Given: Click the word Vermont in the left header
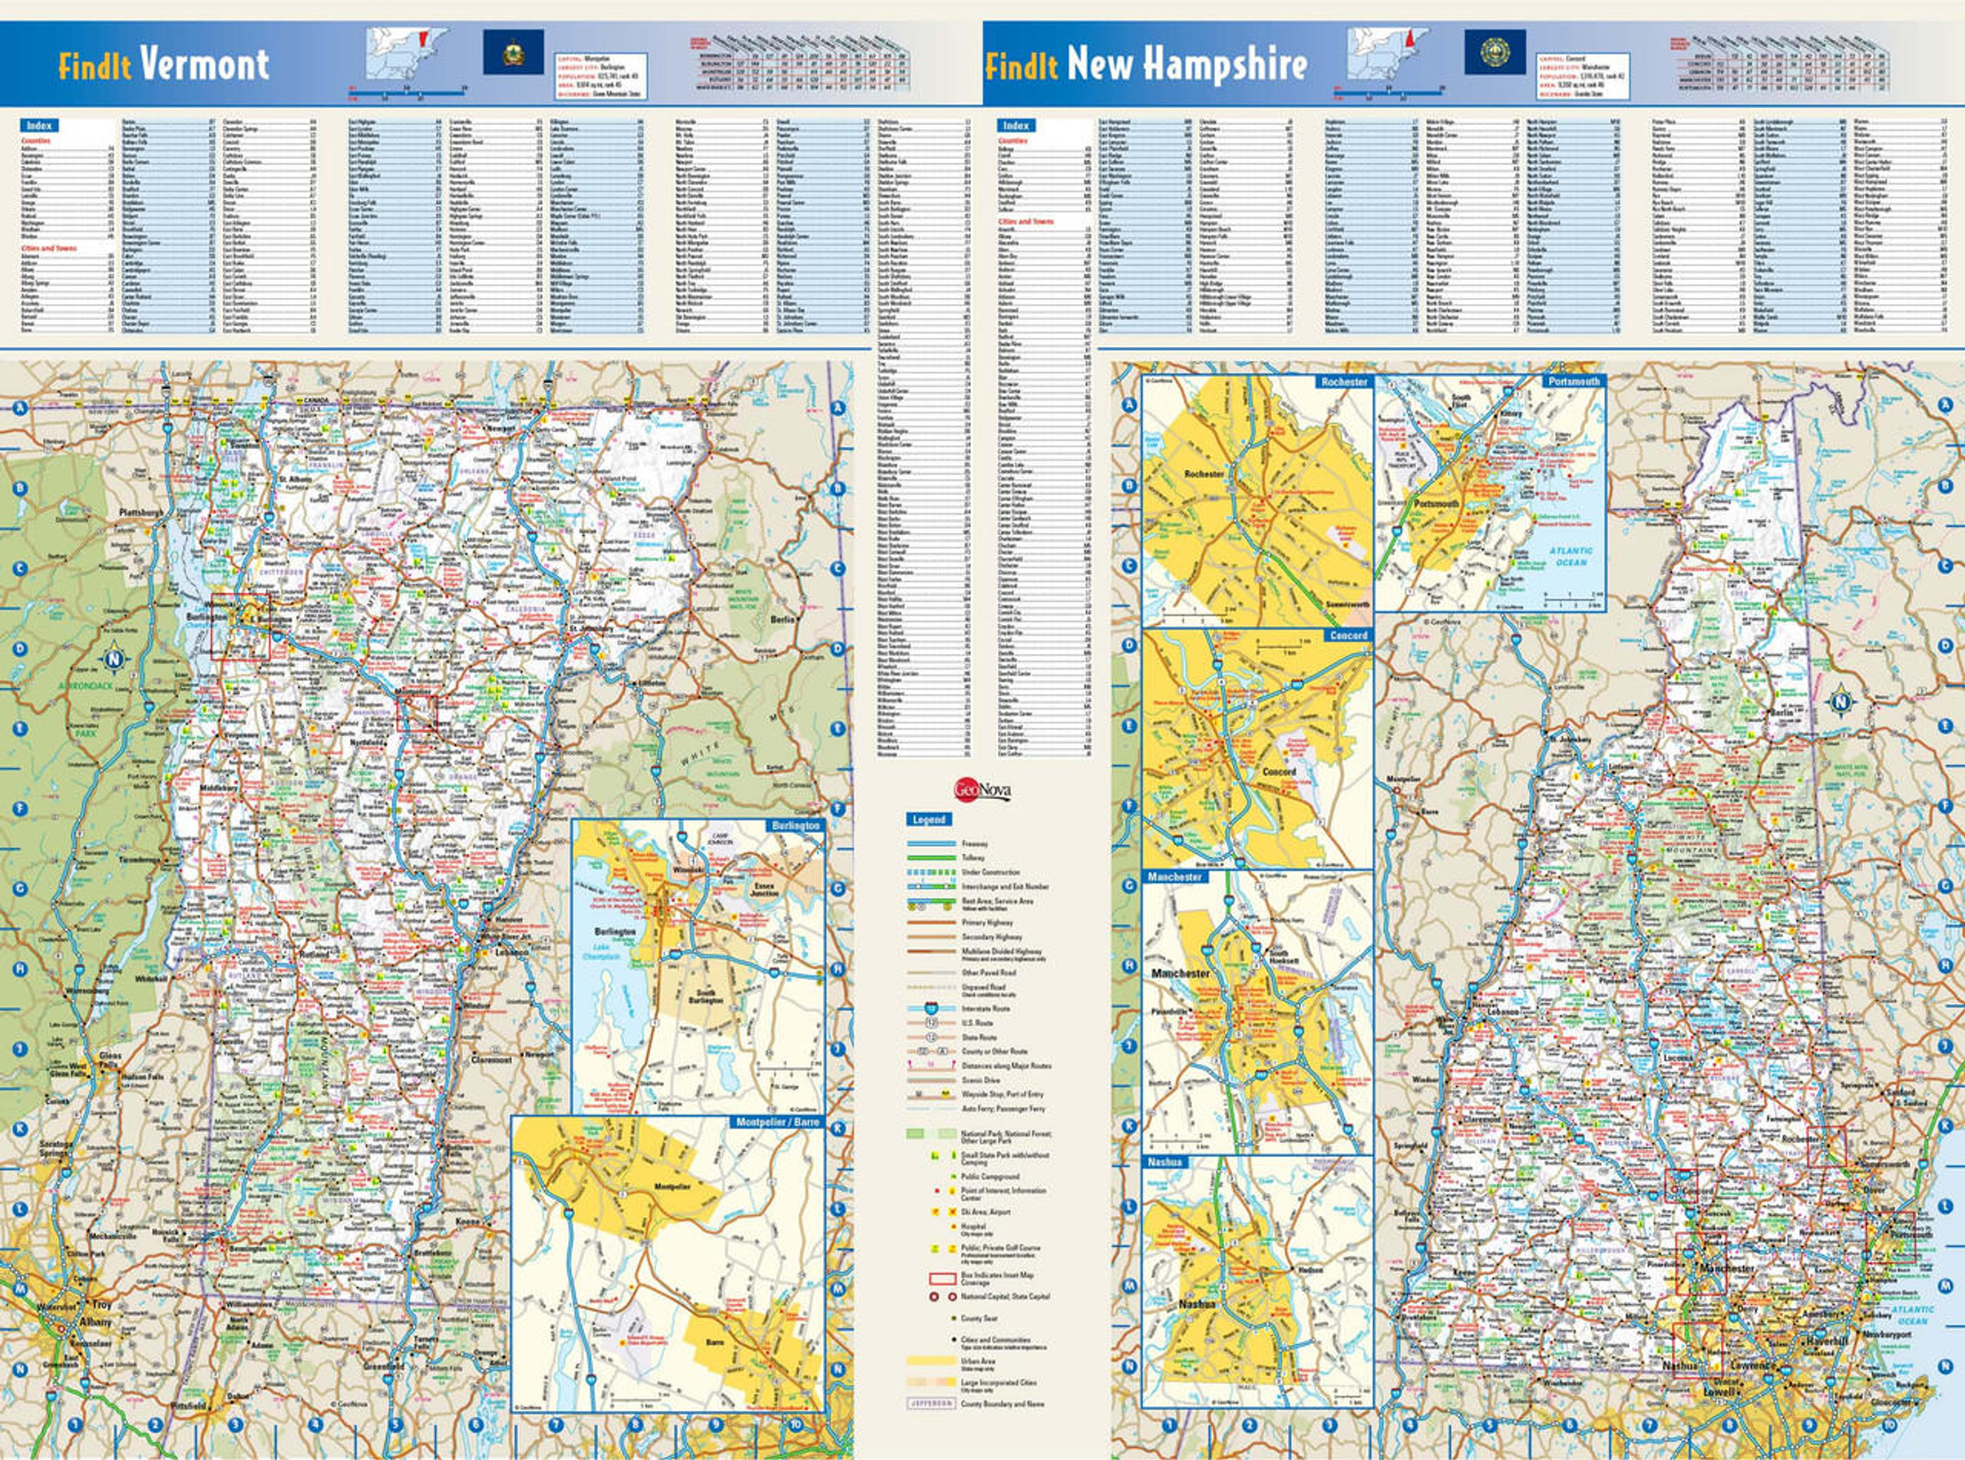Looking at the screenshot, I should [x=203, y=64].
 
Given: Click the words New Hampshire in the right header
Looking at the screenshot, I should [x=1187, y=64].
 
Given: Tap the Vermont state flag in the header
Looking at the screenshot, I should [x=513, y=52].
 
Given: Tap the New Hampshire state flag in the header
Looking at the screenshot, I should [x=1494, y=52].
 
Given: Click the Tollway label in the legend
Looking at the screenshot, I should [x=973, y=858].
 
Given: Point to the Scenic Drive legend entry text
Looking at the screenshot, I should [x=981, y=1080].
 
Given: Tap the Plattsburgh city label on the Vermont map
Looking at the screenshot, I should [x=140, y=513].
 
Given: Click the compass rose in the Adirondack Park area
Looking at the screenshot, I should [x=114, y=659].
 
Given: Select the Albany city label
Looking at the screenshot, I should [x=94, y=1322].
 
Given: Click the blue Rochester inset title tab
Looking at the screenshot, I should [x=1343, y=382].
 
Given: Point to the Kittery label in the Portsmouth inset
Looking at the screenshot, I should [x=1510, y=413].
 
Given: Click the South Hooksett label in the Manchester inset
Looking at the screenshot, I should [x=1284, y=957].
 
